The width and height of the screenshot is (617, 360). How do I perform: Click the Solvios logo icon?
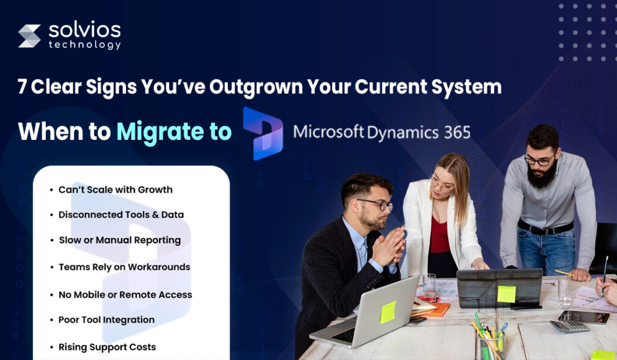[x=30, y=36]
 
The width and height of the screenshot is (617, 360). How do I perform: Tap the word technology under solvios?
[x=84, y=45]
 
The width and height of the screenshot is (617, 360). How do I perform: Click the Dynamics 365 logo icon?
[x=263, y=133]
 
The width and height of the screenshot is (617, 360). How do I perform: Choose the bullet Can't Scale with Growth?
[x=115, y=190]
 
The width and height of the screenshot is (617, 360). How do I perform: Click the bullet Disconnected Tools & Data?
[x=121, y=215]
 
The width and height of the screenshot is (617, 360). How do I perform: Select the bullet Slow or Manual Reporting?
[x=119, y=240]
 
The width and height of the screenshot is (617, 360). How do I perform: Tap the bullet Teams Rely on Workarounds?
[x=124, y=267]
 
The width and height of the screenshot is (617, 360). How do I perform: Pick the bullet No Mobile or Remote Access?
[x=125, y=295]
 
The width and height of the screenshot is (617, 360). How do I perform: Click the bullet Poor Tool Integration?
[x=106, y=320]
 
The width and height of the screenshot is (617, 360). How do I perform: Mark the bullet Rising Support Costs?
[x=107, y=347]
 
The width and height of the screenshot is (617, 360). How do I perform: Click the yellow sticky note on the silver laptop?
[x=387, y=312]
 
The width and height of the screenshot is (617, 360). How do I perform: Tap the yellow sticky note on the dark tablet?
[x=506, y=294]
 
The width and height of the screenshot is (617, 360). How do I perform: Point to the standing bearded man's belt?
[x=545, y=229]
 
